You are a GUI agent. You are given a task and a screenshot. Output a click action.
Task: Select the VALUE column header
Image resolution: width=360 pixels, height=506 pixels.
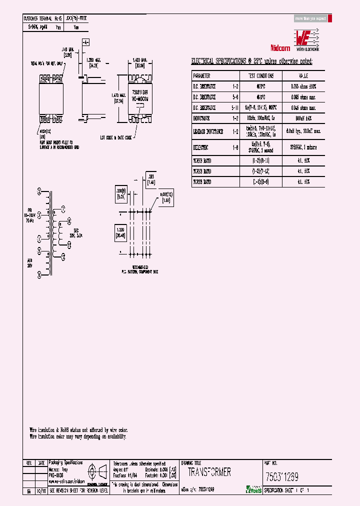303,76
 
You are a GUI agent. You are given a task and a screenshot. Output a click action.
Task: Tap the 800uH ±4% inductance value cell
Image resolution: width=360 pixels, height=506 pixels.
303,118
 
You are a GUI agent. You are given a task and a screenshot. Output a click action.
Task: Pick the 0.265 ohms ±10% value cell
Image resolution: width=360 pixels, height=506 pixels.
303,86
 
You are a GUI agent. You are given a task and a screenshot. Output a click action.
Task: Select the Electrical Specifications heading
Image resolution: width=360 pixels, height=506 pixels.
251,61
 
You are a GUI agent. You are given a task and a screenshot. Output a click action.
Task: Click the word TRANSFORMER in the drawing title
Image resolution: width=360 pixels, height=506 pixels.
209,472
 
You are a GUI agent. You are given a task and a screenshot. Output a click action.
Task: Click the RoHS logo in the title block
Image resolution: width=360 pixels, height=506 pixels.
254,490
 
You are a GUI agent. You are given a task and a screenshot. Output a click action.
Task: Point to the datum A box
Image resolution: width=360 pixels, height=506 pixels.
85,43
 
